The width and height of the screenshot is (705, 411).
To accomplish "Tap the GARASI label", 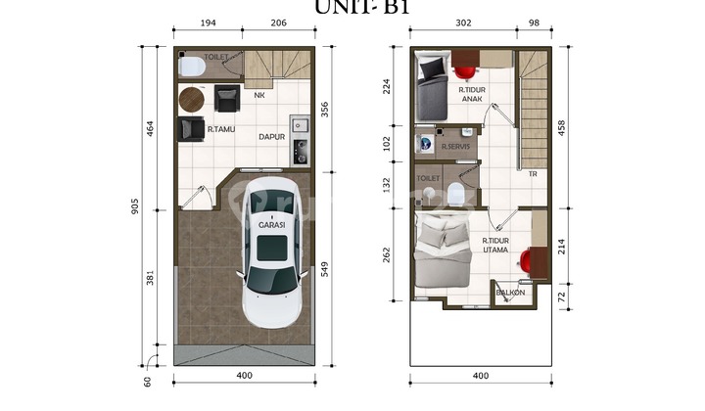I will click(271, 225).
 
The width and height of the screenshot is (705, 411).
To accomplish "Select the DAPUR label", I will click(271, 137).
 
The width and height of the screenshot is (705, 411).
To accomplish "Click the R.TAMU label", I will click(218, 128).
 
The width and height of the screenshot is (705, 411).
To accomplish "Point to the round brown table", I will click(192, 99).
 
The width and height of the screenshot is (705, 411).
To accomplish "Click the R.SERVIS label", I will click(455, 147).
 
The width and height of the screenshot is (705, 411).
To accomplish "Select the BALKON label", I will click(510, 293).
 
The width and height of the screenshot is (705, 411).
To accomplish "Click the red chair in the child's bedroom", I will click(465, 71).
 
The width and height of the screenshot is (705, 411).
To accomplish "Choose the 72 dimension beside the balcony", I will click(560, 295).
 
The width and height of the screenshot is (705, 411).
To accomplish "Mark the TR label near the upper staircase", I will click(533, 174).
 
